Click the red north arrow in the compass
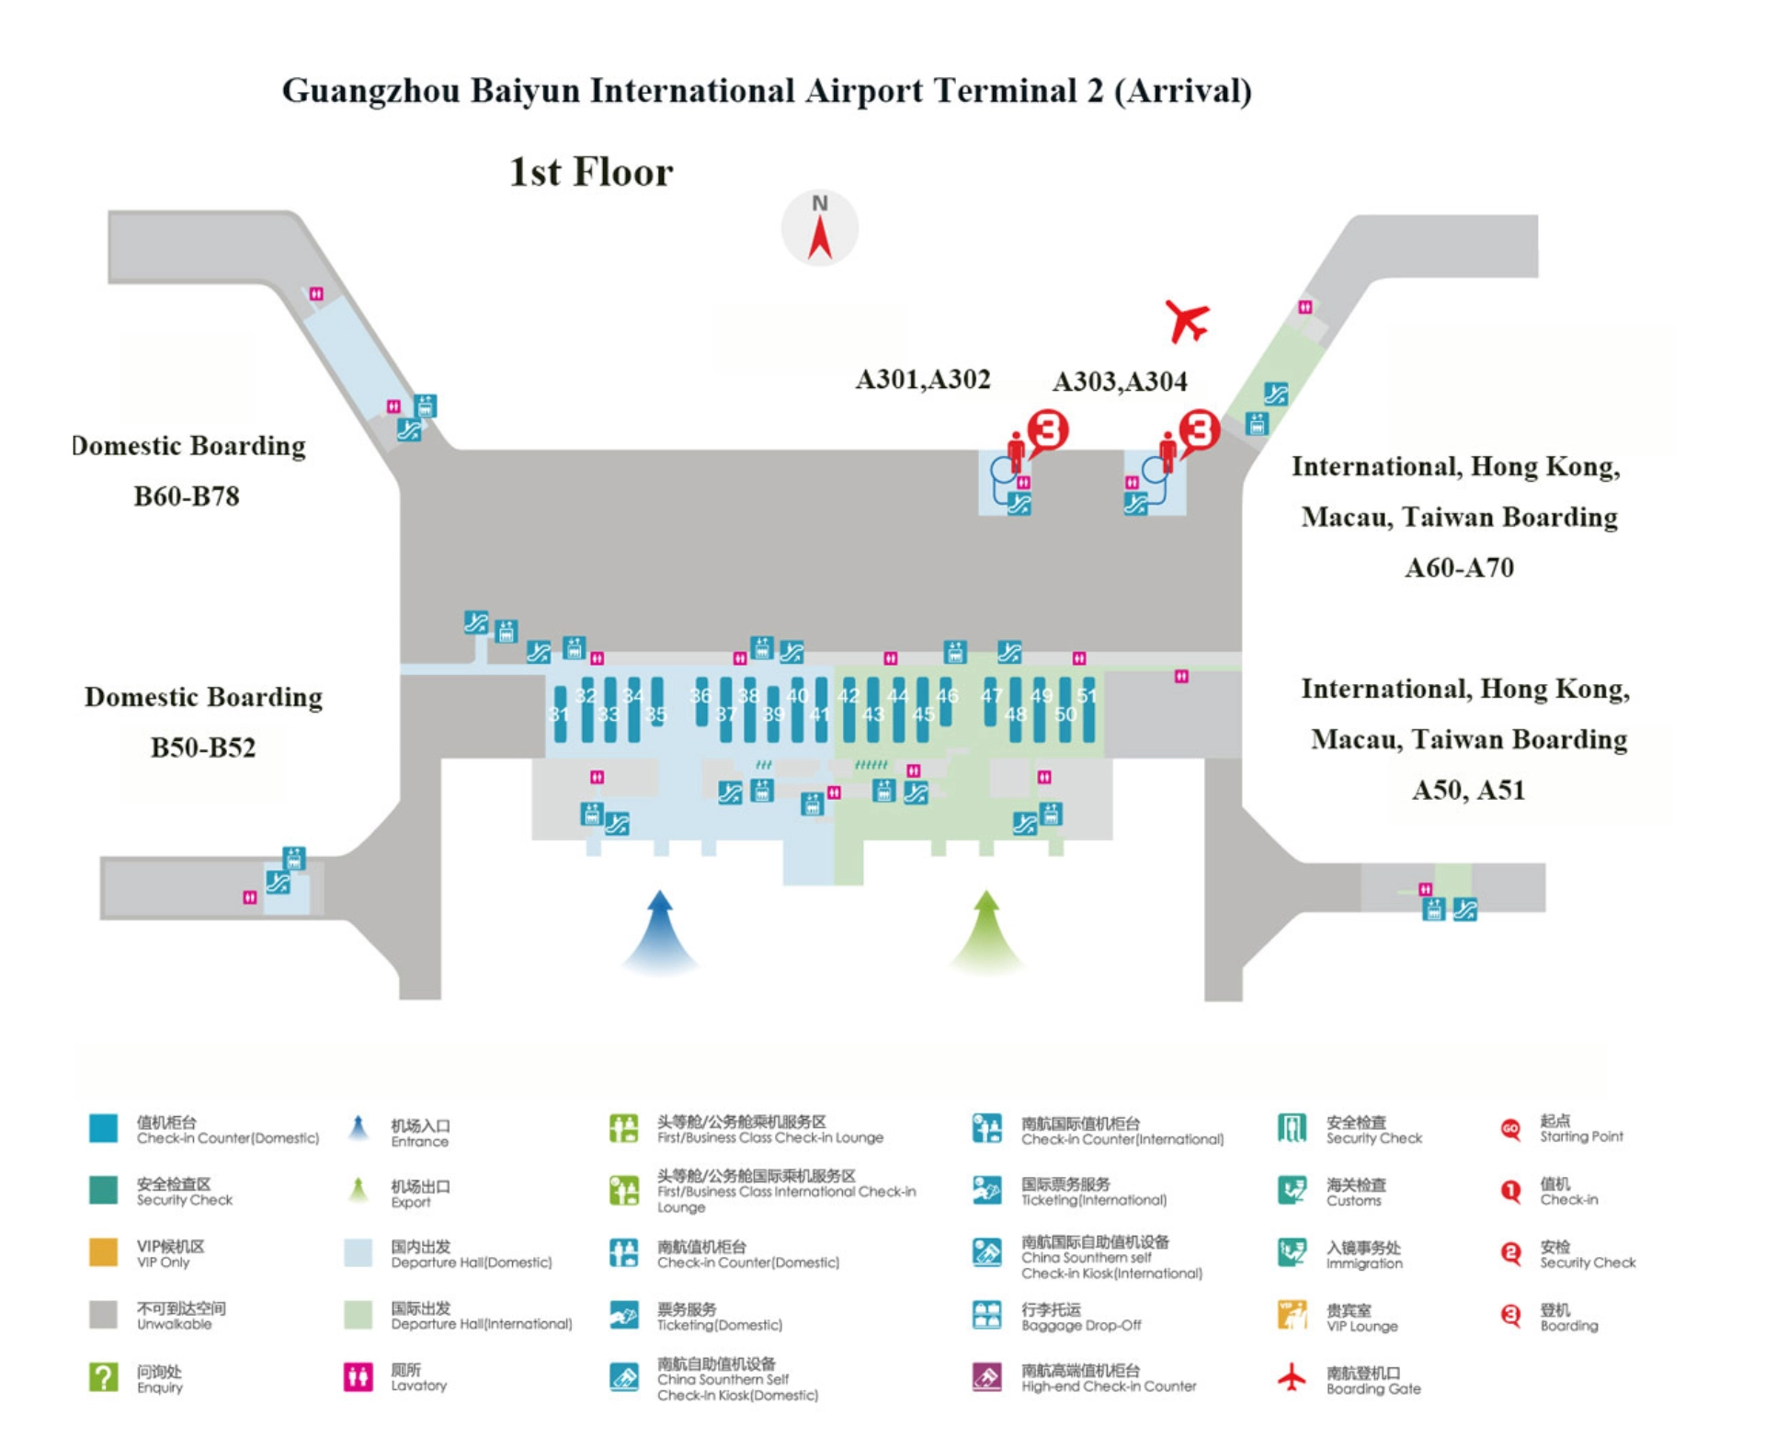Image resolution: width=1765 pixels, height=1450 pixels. click(x=819, y=237)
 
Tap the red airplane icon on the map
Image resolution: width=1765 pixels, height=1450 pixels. click(x=1187, y=321)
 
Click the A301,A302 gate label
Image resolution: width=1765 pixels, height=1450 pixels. click(x=923, y=380)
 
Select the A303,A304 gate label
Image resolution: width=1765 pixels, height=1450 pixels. click(x=1119, y=382)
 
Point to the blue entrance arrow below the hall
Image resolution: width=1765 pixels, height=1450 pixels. click(x=659, y=930)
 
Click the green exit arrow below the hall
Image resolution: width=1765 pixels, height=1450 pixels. click(x=986, y=930)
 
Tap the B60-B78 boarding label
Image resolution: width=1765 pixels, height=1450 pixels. click(x=187, y=497)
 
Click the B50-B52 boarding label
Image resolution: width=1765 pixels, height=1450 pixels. click(x=203, y=748)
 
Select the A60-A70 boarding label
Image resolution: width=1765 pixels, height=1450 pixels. click(x=1459, y=567)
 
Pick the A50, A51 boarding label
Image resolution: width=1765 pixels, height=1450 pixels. click(x=1468, y=791)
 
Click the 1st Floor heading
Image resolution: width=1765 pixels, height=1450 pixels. click(x=591, y=172)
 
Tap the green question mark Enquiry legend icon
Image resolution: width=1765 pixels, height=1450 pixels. click(x=103, y=1376)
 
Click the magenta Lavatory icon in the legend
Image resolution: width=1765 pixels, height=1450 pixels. click(x=358, y=1376)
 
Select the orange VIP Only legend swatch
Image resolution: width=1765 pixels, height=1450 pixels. click(x=103, y=1252)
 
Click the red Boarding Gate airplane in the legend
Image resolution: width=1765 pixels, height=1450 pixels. click(x=1292, y=1376)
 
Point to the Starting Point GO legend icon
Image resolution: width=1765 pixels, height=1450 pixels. click(x=1510, y=1129)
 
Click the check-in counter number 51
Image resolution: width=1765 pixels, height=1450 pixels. click(x=1087, y=696)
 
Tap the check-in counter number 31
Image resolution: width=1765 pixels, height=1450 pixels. click(x=559, y=714)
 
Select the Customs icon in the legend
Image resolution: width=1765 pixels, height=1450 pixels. click(x=1292, y=1191)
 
